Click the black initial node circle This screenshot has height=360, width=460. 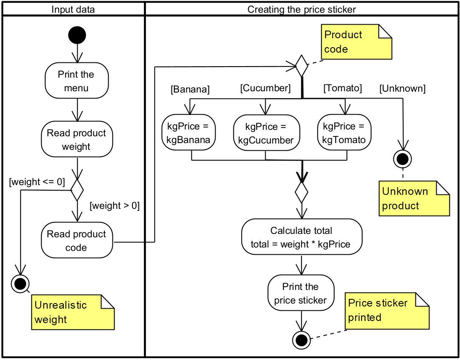[77, 35]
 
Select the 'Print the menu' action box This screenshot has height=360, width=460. [77, 81]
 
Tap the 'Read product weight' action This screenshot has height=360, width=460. [77, 140]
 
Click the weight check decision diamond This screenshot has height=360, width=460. [77, 190]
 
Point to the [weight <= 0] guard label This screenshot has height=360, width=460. [37, 182]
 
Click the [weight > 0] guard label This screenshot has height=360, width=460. [115, 206]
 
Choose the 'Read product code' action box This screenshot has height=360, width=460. [77, 241]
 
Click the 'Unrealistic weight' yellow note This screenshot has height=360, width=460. [73, 312]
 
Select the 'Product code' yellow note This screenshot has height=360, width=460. [356, 42]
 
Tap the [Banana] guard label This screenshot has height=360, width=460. [190, 90]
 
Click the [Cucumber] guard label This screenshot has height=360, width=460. [265, 88]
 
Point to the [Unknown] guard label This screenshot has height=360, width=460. [402, 89]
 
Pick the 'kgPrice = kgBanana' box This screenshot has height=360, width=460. [189, 133]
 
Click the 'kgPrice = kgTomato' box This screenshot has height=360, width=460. [344, 133]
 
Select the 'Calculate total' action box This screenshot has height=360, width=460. [302, 237]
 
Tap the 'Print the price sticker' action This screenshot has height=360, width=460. [301, 293]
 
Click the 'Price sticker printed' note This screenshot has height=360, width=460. [387, 310]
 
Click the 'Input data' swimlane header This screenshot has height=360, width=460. [73, 9]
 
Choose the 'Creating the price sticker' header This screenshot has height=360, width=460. [302, 9]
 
